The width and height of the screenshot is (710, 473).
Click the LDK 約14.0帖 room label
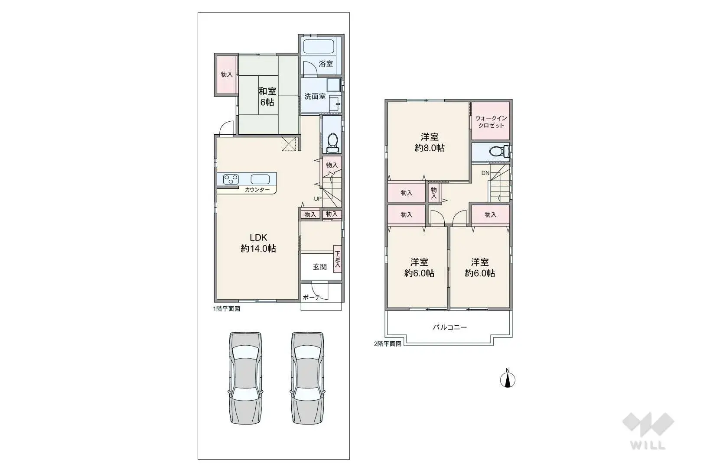click(x=258, y=243)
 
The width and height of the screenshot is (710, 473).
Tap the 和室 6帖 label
click(x=267, y=97)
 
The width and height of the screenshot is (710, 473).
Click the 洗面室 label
click(x=315, y=96)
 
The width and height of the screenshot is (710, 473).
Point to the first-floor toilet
click(x=332, y=142)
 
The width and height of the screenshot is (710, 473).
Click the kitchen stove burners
click(x=231, y=179)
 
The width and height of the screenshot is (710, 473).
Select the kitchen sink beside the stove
click(x=260, y=179)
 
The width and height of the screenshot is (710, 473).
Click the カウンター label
click(x=257, y=190)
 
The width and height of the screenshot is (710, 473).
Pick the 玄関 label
click(x=320, y=267)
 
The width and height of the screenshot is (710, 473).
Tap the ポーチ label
click(x=311, y=297)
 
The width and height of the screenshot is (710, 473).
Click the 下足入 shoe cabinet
click(x=337, y=259)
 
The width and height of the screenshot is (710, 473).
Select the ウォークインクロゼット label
click(x=491, y=122)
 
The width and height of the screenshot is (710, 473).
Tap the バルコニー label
click(x=449, y=327)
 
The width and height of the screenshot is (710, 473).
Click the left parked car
click(x=246, y=378)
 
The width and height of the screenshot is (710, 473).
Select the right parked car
click(x=308, y=378)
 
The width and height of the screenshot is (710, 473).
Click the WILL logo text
click(x=648, y=445)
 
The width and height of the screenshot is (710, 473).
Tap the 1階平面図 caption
click(x=226, y=309)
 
